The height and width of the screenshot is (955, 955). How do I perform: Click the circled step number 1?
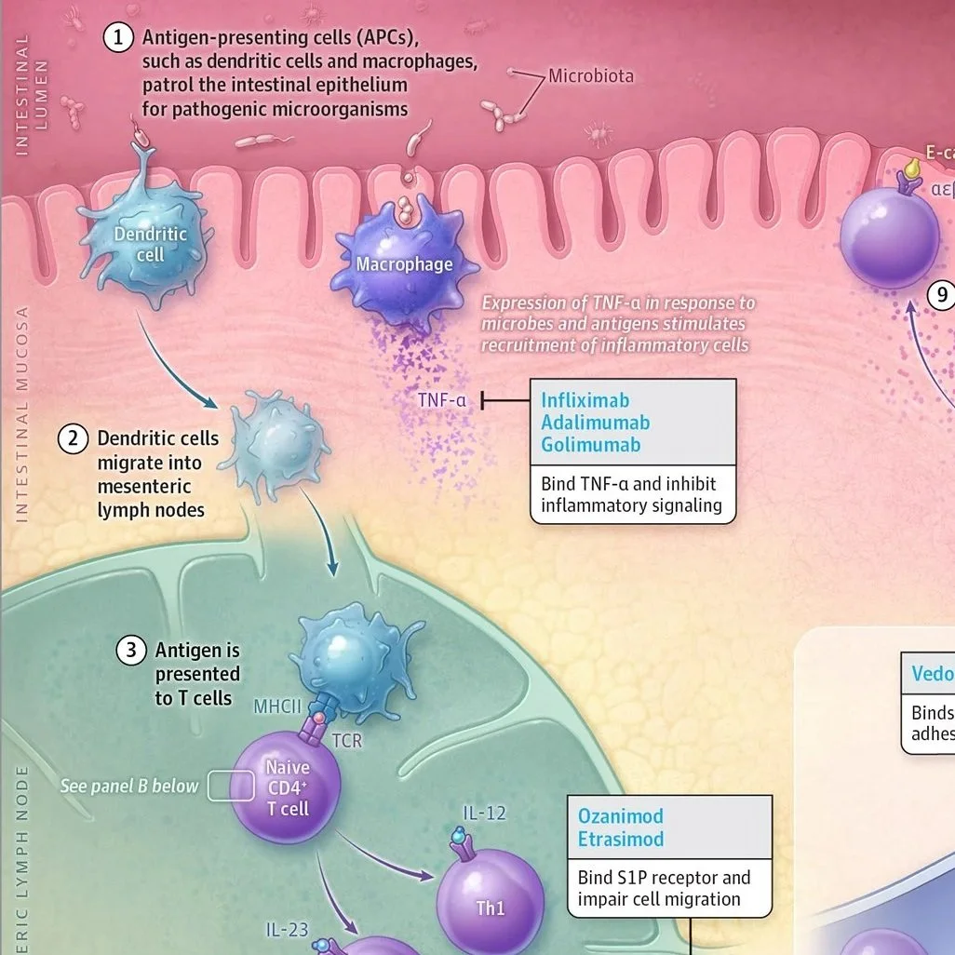click(119, 38)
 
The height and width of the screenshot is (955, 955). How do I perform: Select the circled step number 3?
click(131, 651)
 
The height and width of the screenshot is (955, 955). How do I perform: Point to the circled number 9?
click(941, 296)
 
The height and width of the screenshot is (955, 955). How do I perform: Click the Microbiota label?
click(590, 76)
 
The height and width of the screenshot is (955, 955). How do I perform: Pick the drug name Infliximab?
click(585, 400)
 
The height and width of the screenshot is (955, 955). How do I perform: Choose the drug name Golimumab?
click(591, 445)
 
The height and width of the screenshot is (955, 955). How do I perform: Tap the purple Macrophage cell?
click(404, 265)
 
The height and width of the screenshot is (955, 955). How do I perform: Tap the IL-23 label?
click(288, 929)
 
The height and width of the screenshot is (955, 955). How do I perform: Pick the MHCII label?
click(277, 706)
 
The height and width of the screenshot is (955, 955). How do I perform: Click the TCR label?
click(346, 742)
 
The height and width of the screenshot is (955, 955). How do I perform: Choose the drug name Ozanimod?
click(621, 816)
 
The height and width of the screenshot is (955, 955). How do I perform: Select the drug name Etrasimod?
click(621, 839)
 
